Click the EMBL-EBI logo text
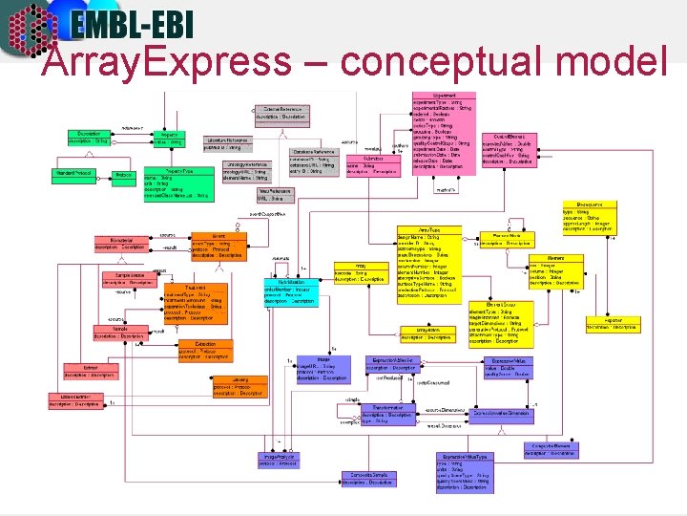(x=139, y=24)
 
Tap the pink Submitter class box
(x=370, y=165)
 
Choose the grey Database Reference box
(x=314, y=161)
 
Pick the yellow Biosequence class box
(x=590, y=217)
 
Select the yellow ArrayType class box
(x=433, y=264)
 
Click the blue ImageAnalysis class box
(x=281, y=460)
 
